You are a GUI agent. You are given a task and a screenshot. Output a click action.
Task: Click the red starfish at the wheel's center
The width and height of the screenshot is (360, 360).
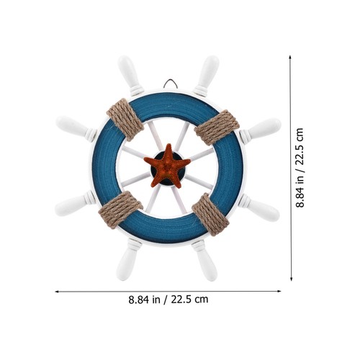(x=167, y=166)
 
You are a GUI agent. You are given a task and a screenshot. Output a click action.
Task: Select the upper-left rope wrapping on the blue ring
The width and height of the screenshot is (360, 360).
(x=125, y=120)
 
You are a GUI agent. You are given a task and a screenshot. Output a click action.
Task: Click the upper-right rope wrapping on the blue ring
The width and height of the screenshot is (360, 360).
(x=217, y=127)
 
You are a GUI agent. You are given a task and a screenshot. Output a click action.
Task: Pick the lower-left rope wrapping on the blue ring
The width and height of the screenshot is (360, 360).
(x=120, y=210)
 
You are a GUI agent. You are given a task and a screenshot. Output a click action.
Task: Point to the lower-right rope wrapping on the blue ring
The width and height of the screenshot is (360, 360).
(x=210, y=214)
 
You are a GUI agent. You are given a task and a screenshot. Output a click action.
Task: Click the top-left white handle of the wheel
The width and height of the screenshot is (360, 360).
(x=131, y=75)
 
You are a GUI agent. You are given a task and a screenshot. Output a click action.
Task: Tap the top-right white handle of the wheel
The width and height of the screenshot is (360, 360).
(x=207, y=76)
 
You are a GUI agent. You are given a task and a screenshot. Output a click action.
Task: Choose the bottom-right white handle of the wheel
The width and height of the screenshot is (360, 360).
(x=204, y=261)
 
